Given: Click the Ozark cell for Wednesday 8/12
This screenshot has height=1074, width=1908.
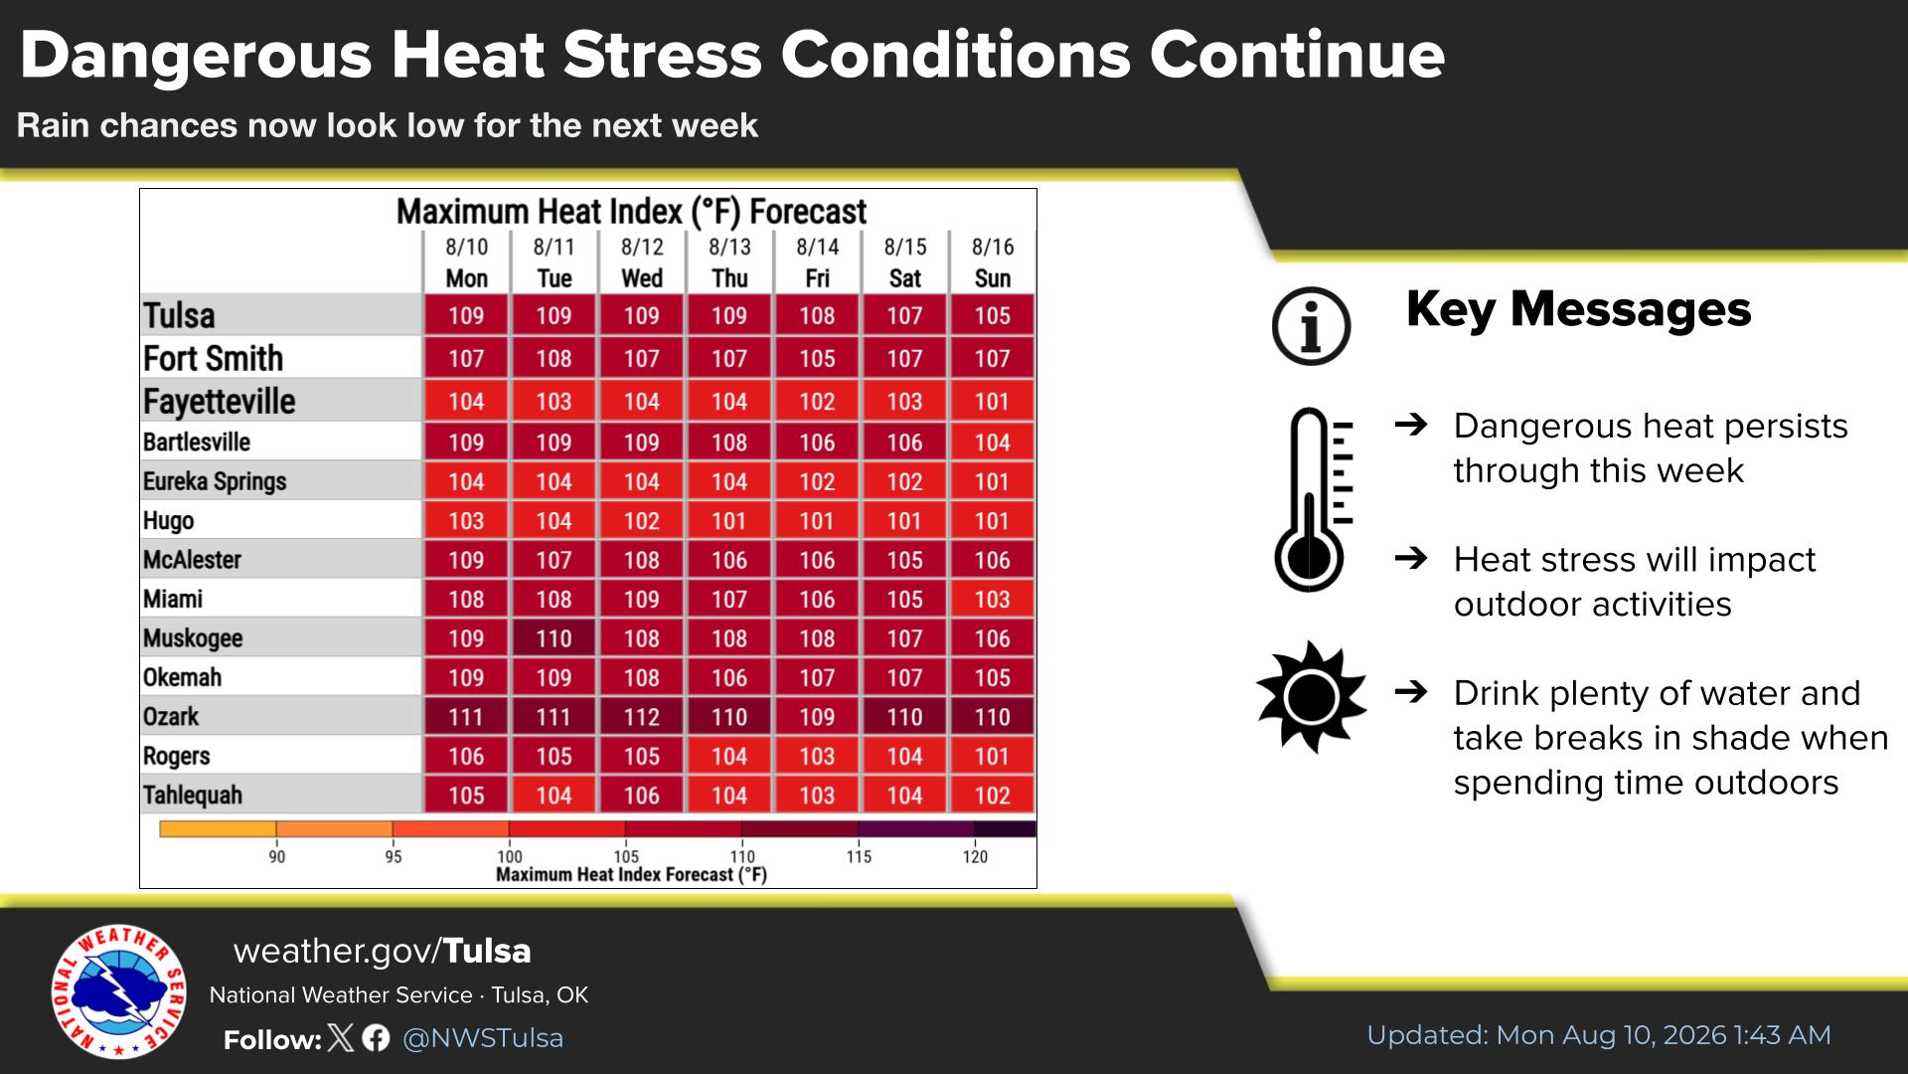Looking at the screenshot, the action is click(641, 717).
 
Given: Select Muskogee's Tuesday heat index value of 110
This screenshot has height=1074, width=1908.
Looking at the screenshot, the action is click(554, 638).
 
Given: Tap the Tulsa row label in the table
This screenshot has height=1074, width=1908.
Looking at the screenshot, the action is click(179, 315).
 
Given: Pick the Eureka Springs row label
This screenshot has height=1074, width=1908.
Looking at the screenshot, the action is click(215, 481).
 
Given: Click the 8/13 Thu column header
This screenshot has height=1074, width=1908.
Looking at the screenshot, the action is click(729, 263).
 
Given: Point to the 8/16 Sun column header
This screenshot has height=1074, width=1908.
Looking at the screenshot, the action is click(993, 263).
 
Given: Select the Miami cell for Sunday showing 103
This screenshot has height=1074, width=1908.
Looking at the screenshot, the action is click(993, 600).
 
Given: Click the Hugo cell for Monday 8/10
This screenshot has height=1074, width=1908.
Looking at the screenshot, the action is click(466, 521).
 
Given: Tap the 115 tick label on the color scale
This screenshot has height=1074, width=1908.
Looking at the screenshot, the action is click(859, 857).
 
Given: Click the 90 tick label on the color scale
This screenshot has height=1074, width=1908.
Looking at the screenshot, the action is click(277, 857).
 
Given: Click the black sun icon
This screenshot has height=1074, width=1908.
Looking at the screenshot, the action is click(1311, 697).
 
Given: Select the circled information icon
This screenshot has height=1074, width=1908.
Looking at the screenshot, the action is click(1312, 326).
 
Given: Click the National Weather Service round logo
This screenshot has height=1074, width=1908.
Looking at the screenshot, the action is click(119, 991).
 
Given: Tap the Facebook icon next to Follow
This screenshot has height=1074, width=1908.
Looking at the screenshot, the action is click(376, 1038).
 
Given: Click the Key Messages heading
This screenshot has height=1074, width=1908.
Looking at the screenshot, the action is click(1578, 309).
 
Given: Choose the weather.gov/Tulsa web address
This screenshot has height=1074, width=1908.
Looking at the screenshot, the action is click(383, 952).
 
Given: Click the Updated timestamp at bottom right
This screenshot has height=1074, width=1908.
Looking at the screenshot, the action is click(1599, 1035).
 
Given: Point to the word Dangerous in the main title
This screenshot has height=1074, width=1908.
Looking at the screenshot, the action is click(196, 56).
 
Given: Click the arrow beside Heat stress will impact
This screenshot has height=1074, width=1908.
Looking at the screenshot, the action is click(1411, 558).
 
